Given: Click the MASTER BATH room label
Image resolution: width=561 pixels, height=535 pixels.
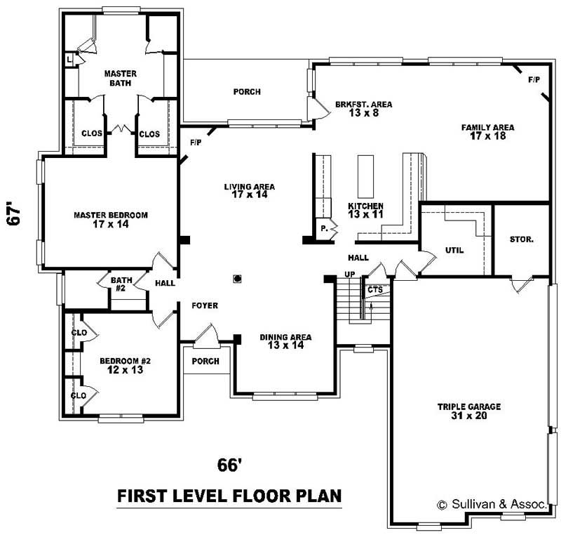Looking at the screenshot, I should pyautogui.click(x=121, y=78).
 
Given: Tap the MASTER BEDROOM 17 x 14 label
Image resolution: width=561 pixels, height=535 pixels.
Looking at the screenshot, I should pyautogui.click(x=111, y=220).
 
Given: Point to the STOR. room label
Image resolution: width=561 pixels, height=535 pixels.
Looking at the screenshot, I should pyautogui.click(x=522, y=239).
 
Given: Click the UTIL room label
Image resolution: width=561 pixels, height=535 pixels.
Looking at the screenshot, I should pyautogui.click(x=454, y=250).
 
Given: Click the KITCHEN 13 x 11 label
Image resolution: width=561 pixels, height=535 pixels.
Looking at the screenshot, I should pyautogui.click(x=366, y=210).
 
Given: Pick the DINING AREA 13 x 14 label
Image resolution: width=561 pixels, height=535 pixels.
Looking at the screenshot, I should pyautogui.click(x=285, y=341).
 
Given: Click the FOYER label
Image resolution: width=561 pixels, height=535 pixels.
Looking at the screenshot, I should pyautogui.click(x=205, y=306).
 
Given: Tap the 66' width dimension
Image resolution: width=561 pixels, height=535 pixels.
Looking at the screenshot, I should pyautogui.click(x=229, y=465).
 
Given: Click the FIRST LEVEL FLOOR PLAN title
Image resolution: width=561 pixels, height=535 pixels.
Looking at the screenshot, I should pyautogui.click(x=229, y=496).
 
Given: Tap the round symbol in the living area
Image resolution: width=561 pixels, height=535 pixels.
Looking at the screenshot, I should pyautogui.click(x=238, y=279).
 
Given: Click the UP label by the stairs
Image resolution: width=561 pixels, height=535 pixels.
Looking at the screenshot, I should pyautogui.click(x=349, y=274).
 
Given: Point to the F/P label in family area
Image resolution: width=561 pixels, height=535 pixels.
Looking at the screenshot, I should pyautogui.click(x=534, y=79).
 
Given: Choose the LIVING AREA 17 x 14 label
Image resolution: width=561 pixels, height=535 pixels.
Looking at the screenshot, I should pyautogui.click(x=250, y=190).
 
